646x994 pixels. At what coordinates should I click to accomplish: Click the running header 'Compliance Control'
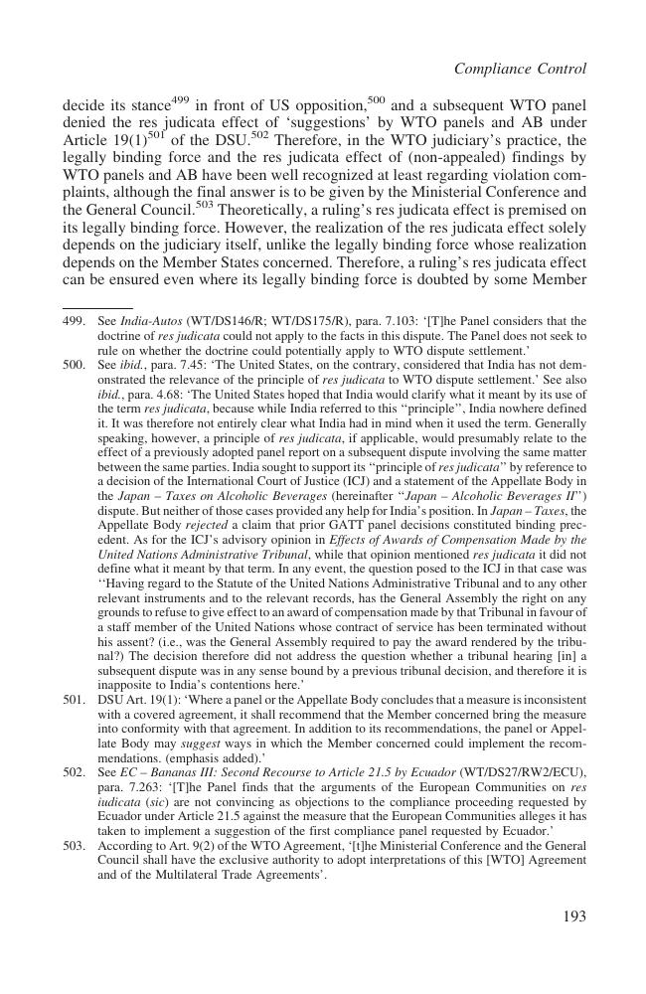[520, 69]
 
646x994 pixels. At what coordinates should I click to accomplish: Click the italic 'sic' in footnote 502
[155, 801]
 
